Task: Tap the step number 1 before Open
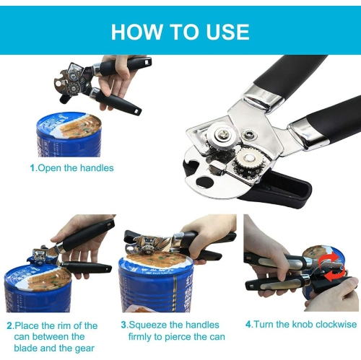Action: coord(32,168)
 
